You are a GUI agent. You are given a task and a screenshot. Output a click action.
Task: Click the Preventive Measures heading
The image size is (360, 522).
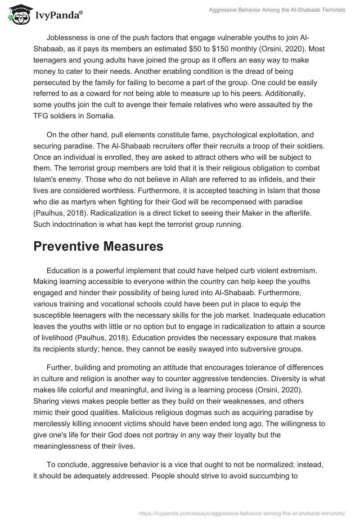click(x=98, y=246)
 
